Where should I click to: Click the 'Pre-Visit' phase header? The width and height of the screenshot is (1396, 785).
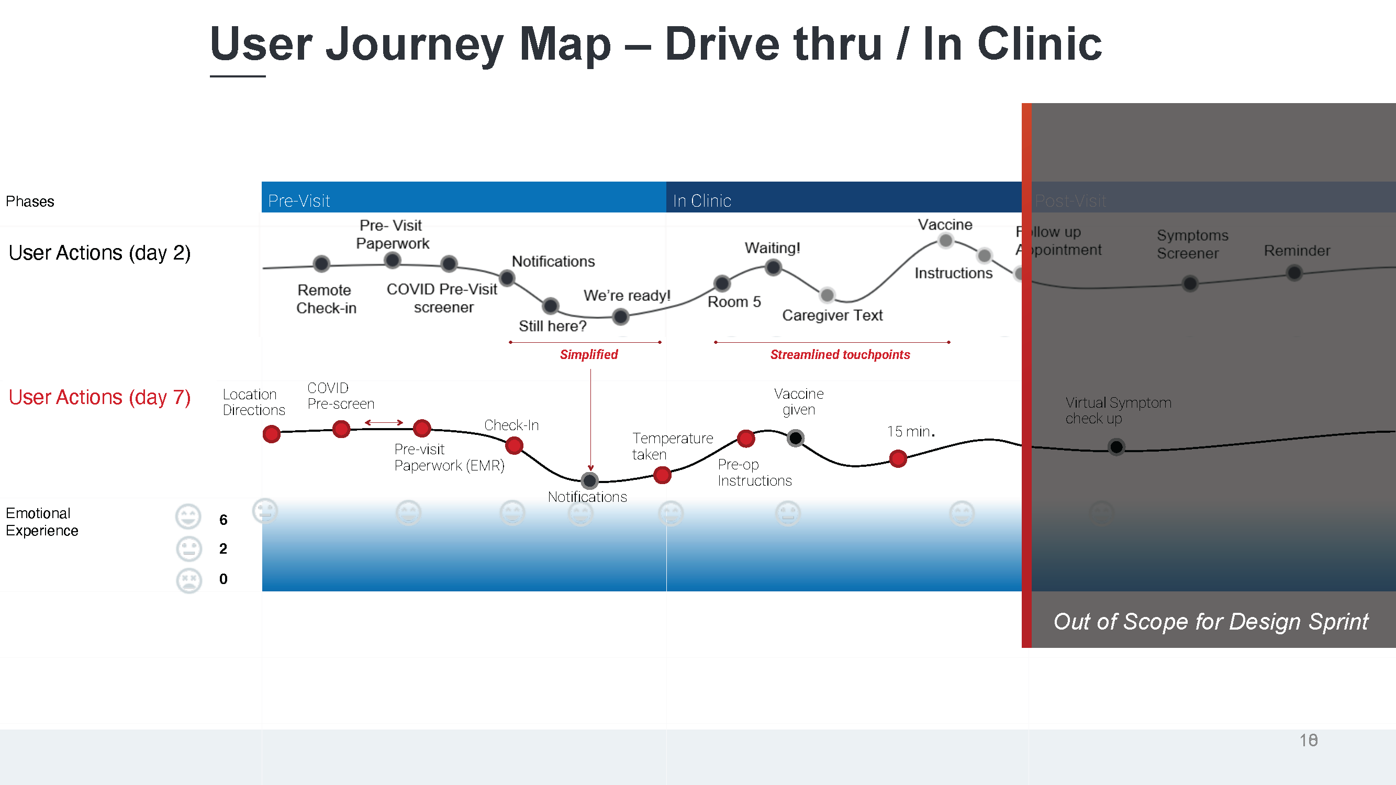(299, 200)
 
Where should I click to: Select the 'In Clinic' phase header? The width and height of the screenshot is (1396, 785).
(702, 200)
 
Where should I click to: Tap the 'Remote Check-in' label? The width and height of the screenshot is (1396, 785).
(326, 299)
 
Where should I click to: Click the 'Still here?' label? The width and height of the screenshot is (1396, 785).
(552, 326)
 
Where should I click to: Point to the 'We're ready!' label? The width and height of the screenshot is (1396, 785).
(627, 295)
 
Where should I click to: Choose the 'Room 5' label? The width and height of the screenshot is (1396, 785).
(734, 302)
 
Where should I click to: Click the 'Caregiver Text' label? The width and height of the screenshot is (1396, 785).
(832, 315)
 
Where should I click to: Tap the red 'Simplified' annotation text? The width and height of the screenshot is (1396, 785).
(588, 354)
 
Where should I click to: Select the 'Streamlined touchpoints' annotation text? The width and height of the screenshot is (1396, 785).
(840, 354)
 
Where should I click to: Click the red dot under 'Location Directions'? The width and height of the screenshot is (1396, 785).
(272, 433)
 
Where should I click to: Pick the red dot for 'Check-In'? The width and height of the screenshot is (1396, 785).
(513, 446)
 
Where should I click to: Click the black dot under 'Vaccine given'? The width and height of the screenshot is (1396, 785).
(795, 438)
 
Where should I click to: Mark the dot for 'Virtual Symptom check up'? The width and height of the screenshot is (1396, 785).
(1116, 447)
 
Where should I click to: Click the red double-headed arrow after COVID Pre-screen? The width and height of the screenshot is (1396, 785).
(384, 422)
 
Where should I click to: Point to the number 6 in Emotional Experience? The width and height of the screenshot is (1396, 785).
(224, 520)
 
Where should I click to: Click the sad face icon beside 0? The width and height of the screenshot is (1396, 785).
(188, 580)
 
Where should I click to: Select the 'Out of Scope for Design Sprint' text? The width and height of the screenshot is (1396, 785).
(1211, 621)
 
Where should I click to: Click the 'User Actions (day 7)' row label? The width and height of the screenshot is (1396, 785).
(99, 397)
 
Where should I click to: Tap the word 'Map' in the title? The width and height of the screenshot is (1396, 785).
(565, 44)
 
